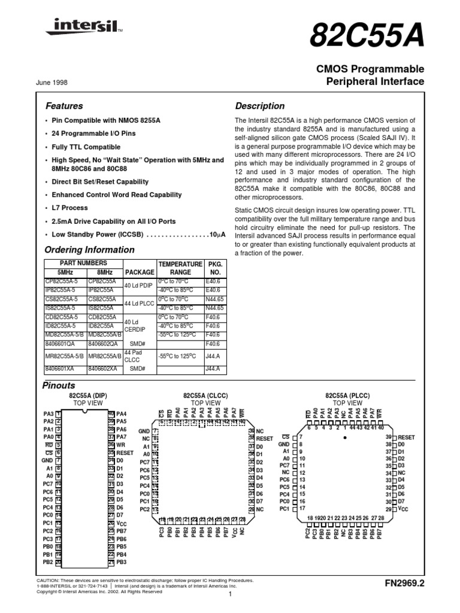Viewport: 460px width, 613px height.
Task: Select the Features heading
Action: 65,106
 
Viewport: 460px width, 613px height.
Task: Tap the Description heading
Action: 259,106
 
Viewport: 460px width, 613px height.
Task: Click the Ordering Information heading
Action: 90,250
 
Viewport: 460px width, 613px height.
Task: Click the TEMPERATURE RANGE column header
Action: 180,267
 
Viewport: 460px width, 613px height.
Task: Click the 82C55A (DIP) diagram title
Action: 79,396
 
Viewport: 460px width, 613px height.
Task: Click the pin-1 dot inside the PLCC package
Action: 344,438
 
